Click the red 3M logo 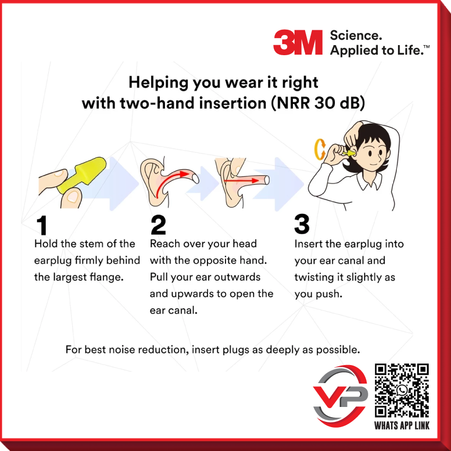pyautogui.click(x=298, y=42)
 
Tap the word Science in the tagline pyautogui.click(x=348, y=36)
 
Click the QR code pyautogui.click(x=402, y=390)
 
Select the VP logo pyautogui.click(x=340, y=395)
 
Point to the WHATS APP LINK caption pyautogui.click(x=402, y=426)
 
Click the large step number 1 pyautogui.click(x=42, y=225)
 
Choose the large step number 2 pyautogui.click(x=158, y=225)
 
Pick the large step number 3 pyautogui.click(x=302, y=225)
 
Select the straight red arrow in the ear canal pyautogui.click(x=241, y=181)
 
